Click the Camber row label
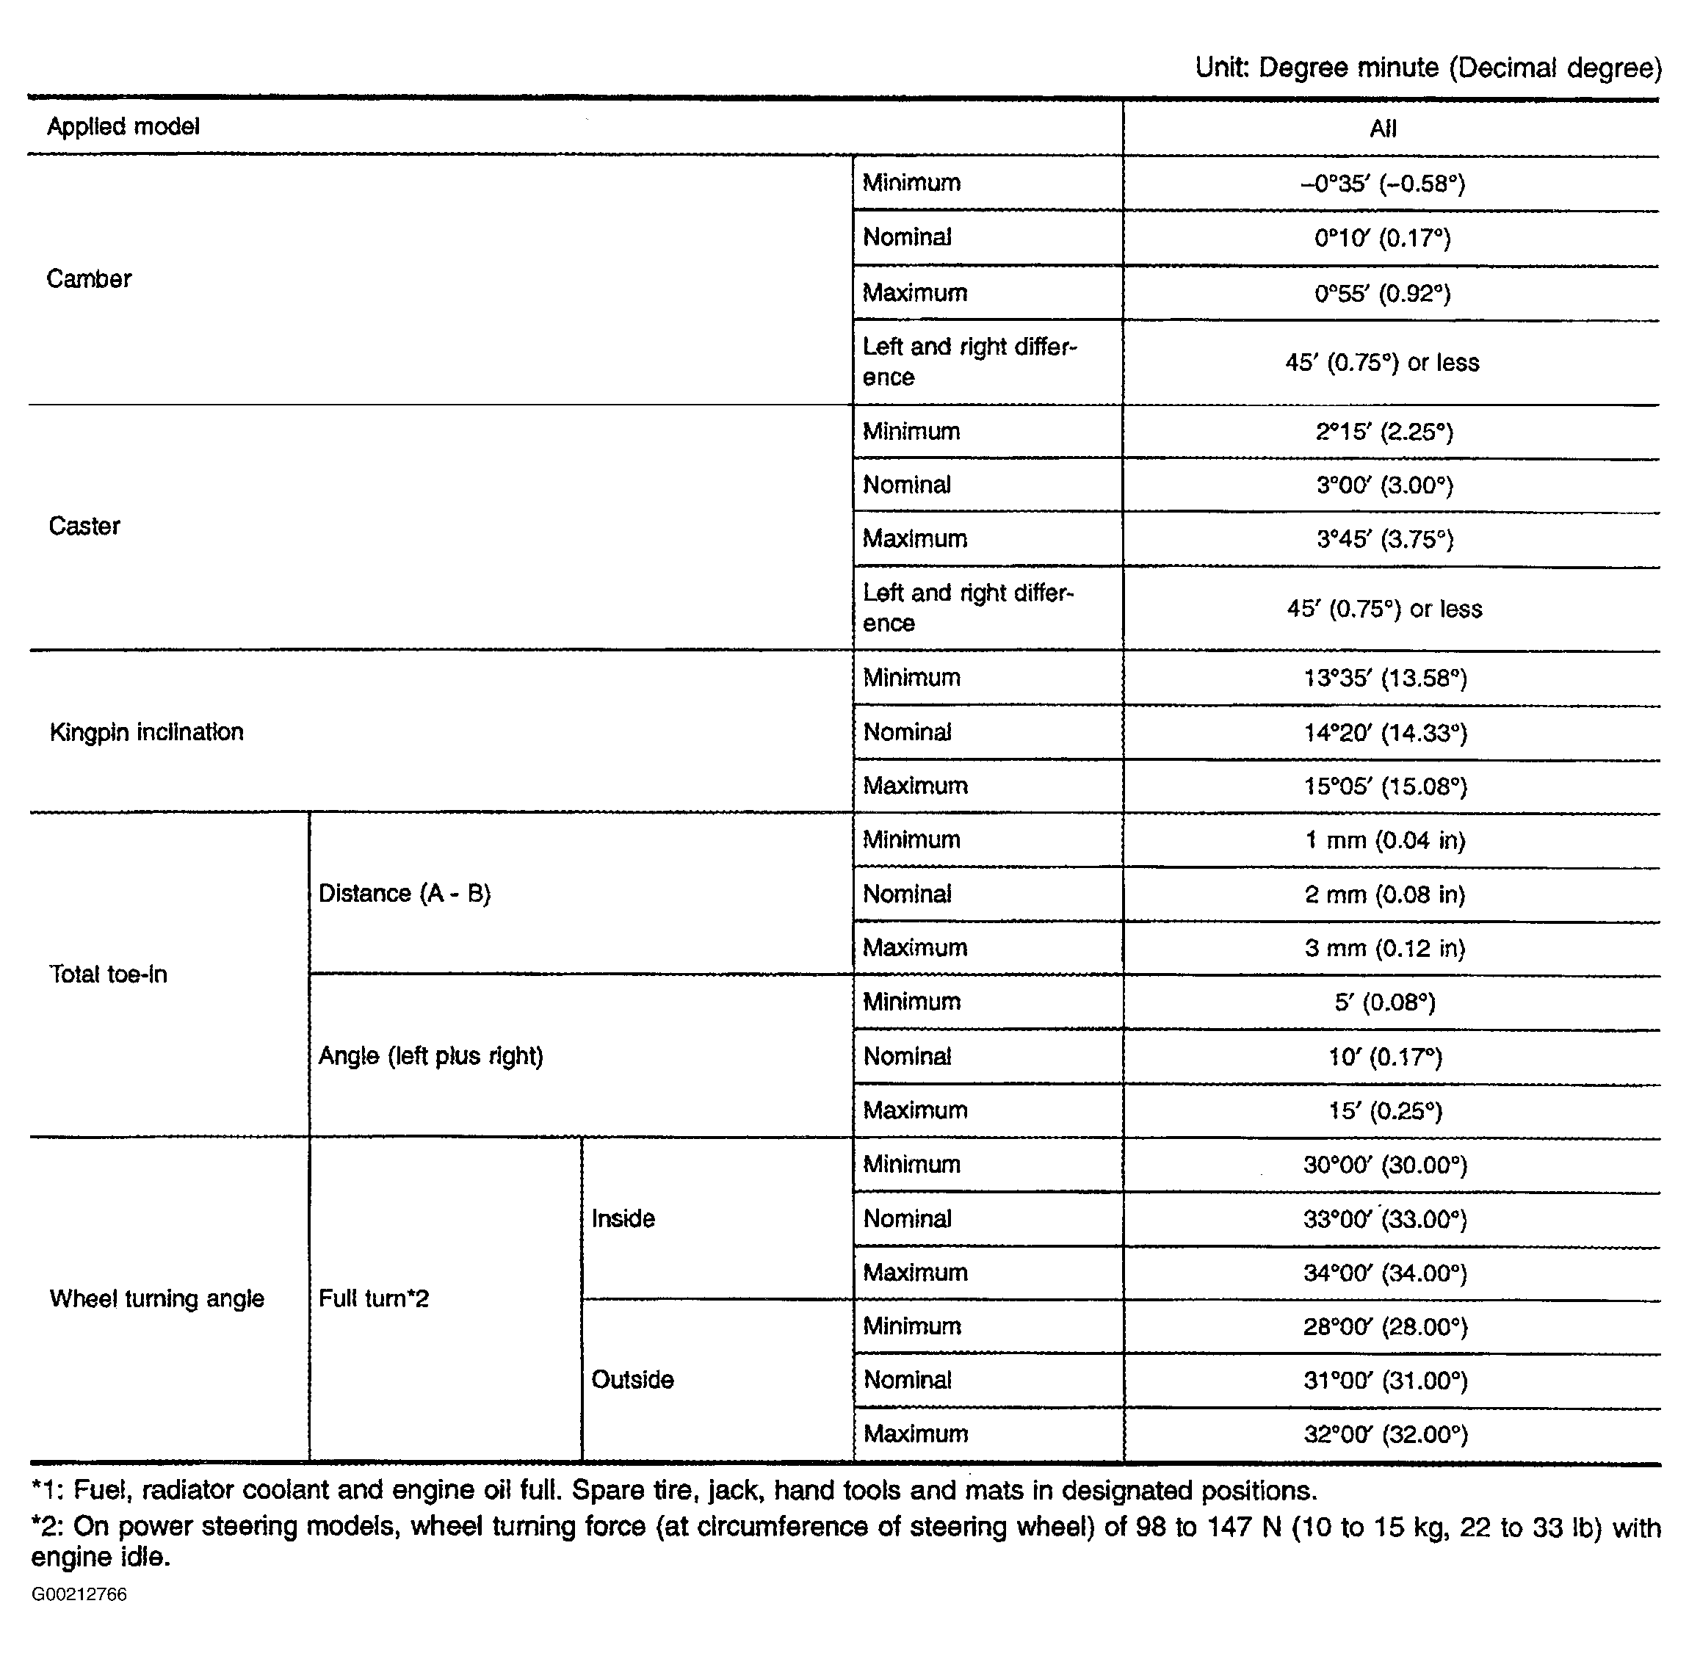[89, 279]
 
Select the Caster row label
[84, 527]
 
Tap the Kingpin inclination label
[146, 732]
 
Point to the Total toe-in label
[108, 974]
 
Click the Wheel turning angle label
[156, 1298]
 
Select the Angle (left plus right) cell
[430, 1056]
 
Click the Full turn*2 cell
[374, 1298]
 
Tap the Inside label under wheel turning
[623, 1218]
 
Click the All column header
[1383, 129]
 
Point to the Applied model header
[123, 127]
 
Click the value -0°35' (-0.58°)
[1383, 184]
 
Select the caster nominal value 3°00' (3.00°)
[1384, 485]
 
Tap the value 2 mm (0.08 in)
[1384, 895]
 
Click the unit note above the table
[1428, 68]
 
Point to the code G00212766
[79, 1594]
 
